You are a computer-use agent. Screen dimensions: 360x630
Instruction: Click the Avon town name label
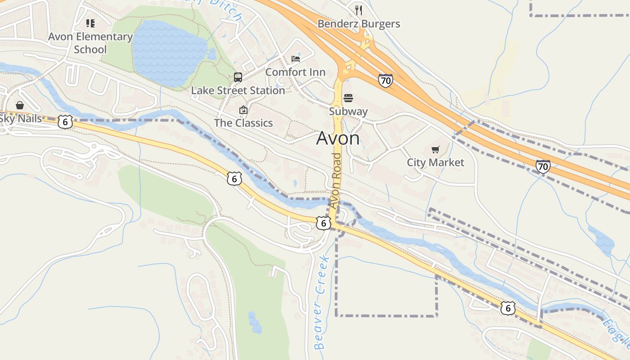pos(338,138)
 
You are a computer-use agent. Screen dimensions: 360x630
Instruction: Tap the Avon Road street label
pos(335,180)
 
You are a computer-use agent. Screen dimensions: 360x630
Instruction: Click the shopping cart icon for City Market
pos(435,149)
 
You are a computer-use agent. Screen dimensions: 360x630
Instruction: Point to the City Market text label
pos(435,162)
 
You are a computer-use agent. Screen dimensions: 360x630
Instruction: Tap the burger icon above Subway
pos(348,98)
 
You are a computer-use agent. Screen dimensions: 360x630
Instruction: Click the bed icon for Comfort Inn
pos(296,59)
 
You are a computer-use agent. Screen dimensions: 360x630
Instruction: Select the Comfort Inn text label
pos(295,72)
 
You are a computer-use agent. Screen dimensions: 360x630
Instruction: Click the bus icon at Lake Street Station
pos(238,77)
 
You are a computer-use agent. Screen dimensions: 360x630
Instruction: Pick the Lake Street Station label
pos(238,90)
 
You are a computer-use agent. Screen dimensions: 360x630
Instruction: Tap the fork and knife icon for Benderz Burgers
pos(359,10)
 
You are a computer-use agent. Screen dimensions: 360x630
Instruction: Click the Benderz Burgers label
pos(359,23)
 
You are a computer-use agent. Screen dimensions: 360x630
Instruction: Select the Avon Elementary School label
pos(90,43)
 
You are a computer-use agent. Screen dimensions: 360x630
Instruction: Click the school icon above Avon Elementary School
pos(90,23)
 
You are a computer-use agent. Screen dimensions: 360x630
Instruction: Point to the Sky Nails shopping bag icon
pos(20,105)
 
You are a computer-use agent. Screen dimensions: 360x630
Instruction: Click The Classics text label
pos(243,123)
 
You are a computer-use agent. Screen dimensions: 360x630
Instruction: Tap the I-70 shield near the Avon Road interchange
pos(385,81)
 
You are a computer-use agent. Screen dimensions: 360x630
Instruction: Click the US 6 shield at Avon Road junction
pos(323,223)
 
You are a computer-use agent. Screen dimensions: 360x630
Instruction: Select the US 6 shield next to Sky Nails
pos(65,122)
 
